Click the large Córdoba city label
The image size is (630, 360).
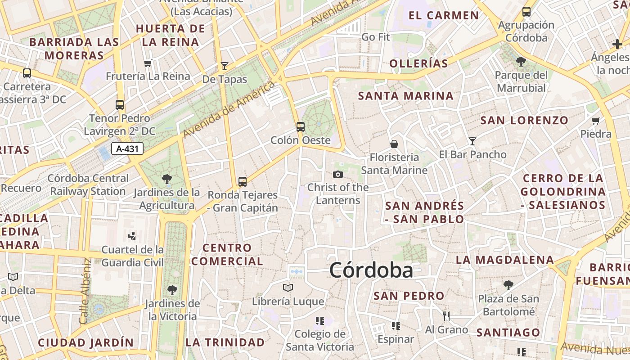coord(371,270)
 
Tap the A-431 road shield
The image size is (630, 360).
coord(128,148)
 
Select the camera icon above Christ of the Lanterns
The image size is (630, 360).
coord(337,174)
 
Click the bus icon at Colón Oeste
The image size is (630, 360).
coord(300,127)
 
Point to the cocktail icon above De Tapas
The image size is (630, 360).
coord(225,66)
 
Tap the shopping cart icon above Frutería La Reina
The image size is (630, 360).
coord(148,63)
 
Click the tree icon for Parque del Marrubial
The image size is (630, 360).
coord(521,62)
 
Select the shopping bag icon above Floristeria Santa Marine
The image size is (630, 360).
coord(394,144)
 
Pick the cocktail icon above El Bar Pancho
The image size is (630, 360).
coord(472,141)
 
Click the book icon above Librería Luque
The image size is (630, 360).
coord(288,288)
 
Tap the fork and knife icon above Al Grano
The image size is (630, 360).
coord(446,316)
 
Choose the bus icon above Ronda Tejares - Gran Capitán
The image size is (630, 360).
coord(243,181)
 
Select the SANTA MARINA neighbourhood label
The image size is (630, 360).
coord(406,96)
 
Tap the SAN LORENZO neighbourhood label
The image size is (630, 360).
coord(524,121)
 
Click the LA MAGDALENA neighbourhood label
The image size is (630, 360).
coord(504,260)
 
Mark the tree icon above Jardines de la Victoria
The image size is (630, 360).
coord(172,290)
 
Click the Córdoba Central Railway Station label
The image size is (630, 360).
coord(88,184)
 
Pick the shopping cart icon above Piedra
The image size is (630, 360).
coord(596,121)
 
